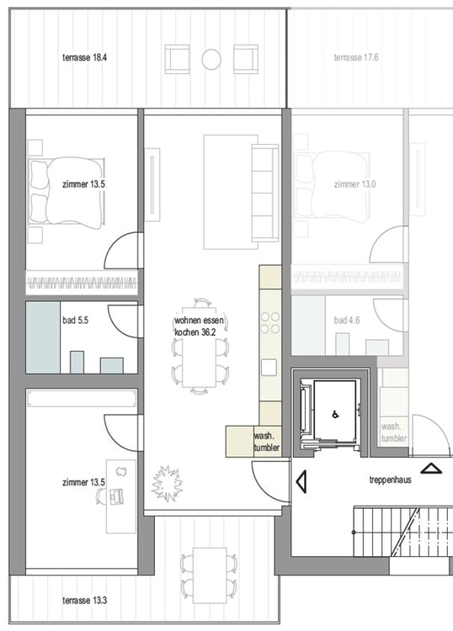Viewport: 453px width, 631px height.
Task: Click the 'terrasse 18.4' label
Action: tap(86, 58)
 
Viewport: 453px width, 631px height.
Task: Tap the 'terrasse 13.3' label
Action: tap(86, 600)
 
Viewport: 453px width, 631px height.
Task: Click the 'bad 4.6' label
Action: tap(349, 321)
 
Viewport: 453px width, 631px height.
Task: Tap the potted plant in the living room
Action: tap(166, 485)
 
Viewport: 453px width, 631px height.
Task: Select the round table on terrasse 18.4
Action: tap(211, 59)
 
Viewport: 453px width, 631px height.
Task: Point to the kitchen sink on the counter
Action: tap(269, 367)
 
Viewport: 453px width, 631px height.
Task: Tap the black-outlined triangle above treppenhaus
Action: tap(430, 469)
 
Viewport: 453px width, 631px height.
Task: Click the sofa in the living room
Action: tap(264, 192)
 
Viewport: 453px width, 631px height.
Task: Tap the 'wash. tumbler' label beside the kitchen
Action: tap(266, 442)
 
